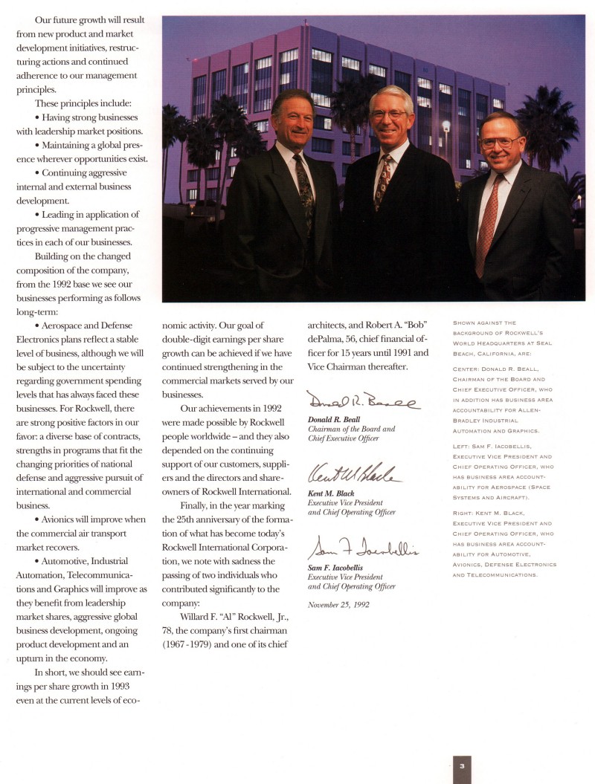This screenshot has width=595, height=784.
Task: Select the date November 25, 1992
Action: point(338,603)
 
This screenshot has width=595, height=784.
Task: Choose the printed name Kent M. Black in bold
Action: point(331,493)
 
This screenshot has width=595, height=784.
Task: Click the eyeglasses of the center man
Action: point(387,115)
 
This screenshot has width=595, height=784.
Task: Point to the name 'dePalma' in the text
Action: point(327,339)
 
